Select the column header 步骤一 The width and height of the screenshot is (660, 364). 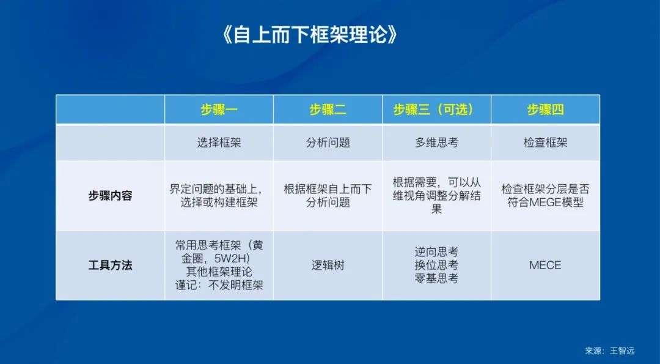219,110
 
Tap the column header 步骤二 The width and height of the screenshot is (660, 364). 328,110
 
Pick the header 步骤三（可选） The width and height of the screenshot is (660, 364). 436,110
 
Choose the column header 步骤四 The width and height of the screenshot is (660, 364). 546,110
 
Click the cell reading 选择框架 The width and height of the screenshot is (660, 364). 219,143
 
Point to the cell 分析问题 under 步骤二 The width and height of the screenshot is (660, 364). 328,143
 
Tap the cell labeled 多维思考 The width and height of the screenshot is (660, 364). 436,143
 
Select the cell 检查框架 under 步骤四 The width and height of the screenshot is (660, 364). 546,143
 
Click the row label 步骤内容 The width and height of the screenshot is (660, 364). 110,196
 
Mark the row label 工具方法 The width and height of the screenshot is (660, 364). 110,266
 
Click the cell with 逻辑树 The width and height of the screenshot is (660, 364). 328,266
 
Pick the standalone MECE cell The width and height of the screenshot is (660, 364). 546,266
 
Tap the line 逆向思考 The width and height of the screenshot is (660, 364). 436,252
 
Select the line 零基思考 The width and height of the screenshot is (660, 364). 436,278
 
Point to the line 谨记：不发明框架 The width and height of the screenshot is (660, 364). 219,285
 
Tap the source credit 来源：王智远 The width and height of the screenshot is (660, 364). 609,351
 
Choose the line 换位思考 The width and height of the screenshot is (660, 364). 436,266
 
